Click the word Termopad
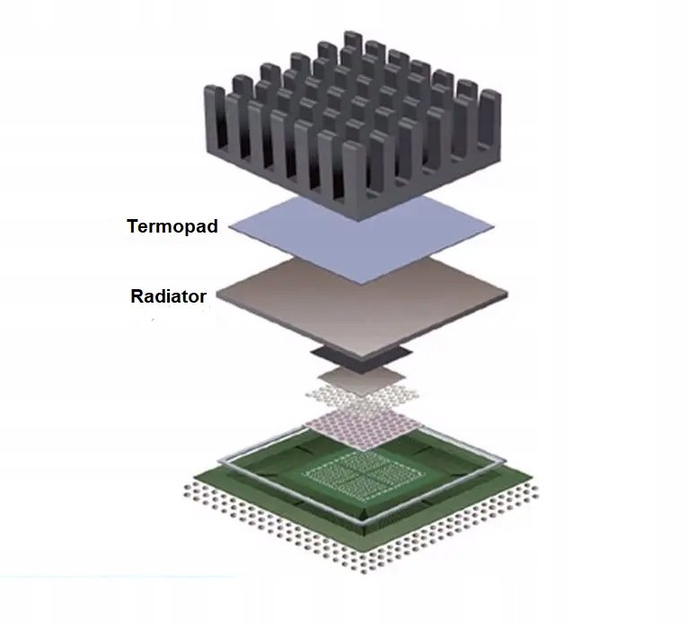pyautogui.click(x=172, y=227)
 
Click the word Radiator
pyautogui.click(x=168, y=296)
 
